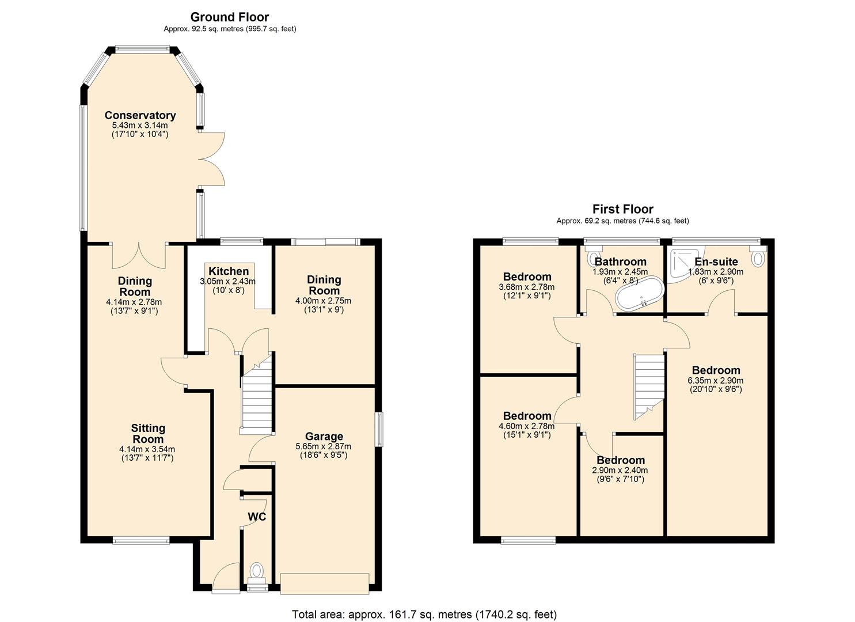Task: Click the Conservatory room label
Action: coord(140,115)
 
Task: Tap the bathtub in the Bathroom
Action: coord(639,295)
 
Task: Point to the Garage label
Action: coord(324,437)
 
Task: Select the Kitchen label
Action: coord(229,271)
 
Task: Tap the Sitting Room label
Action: coord(148,434)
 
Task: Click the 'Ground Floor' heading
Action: coord(230,17)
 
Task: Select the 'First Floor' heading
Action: coord(623,209)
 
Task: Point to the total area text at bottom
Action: coord(424,614)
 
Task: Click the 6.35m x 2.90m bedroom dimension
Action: coord(716,381)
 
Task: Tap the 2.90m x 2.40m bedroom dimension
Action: coord(620,471)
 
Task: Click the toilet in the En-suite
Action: coord(758,257)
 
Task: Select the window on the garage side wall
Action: coord(379,429)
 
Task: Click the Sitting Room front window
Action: coord(141,540)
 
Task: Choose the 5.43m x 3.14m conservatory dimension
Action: coord(140,125)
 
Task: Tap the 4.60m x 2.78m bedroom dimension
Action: coord(527,426)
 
